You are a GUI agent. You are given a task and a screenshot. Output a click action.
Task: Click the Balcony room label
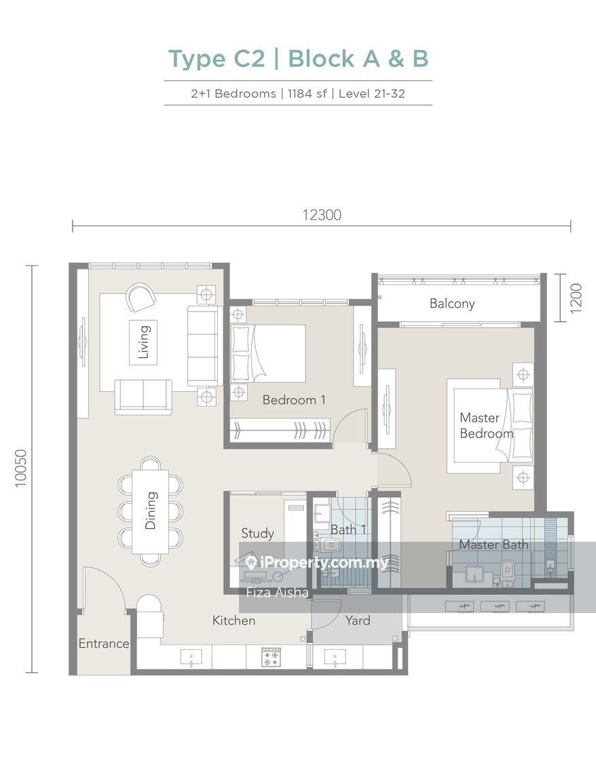pos(452,303)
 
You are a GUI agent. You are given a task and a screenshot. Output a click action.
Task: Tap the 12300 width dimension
pos(322,215)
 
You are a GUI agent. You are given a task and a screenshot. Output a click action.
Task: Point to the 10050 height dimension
pos(21,468)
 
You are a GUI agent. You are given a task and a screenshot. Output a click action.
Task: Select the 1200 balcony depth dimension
pos(576,298)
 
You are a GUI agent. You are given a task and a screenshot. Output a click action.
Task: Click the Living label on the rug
pos(143,342)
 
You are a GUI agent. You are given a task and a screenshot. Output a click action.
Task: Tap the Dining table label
pos(151,511)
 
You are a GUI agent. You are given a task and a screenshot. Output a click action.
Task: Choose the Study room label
pos(257,534)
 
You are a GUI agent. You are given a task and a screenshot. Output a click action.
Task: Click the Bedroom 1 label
pos(294,400)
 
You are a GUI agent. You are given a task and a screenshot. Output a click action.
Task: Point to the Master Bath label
pos(493,545)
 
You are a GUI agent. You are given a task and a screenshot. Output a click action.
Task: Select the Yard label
pos(357,621)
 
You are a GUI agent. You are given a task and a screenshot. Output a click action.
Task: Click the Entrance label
pos(104,643)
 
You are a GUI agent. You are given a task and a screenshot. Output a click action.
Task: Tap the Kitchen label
pos(234,621)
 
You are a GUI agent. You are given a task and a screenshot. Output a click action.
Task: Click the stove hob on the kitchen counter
pos(270,657)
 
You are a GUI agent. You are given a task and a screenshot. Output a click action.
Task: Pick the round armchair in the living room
pos(141,297)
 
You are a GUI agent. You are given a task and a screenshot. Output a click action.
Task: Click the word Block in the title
pos(321,59)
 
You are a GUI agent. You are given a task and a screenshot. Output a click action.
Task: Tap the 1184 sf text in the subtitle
pos(307,93)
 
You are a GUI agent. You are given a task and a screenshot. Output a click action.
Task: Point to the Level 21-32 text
pos(371,93)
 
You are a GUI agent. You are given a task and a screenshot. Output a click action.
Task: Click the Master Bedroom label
pos(487,426)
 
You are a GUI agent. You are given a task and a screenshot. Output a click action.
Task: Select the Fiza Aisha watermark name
pos(277,592)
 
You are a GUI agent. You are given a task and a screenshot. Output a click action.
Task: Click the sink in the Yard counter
pos(335,657)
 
